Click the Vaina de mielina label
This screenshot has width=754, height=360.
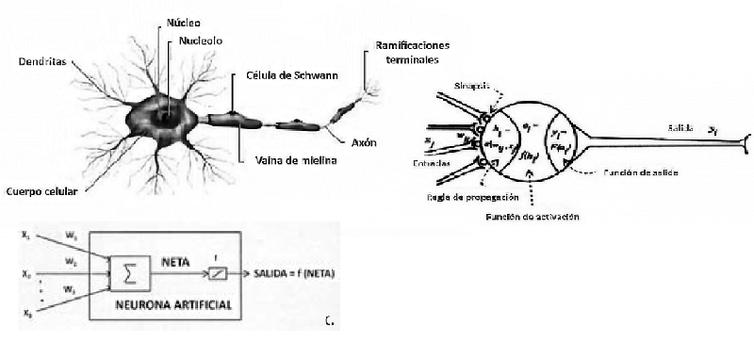coord(296,160)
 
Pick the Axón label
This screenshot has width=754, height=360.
coord(364,143)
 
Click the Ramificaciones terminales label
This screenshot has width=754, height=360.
coord(413,52)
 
